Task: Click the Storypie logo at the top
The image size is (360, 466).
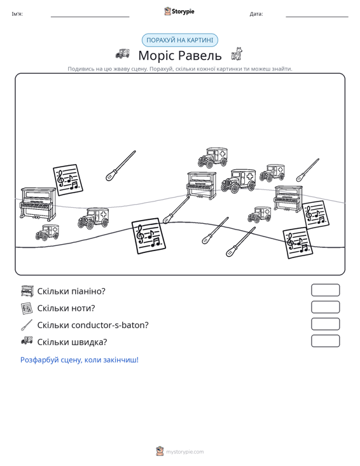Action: [179, 11]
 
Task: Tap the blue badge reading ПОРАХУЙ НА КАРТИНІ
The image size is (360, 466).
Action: [180, 40]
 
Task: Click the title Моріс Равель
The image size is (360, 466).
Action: [180, 55]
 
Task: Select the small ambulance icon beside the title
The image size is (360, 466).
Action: [123, 53]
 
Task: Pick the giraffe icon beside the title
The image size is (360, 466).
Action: [237, 53]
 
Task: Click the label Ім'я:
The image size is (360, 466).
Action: [17, 14]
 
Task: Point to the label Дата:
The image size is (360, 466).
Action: [256, 14]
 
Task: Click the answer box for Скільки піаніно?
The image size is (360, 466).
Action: [326, 290]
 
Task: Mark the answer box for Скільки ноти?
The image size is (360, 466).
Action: [326, 307]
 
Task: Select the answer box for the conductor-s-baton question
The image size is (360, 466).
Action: [326, 324]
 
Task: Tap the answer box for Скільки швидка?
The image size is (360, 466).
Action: [326, 341]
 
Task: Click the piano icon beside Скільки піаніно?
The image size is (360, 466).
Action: [27, 291]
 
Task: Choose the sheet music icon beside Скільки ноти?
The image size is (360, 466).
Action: [27, 308]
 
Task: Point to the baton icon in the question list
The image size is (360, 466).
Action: [27, 325]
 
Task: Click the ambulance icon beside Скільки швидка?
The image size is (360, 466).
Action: [27, 341]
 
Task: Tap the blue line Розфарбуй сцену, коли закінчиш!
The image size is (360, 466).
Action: [80, 360]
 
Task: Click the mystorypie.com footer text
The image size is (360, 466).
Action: [185, 452]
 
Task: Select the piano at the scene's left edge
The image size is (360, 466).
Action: [38, 204]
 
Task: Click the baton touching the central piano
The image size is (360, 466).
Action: [176, 210]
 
